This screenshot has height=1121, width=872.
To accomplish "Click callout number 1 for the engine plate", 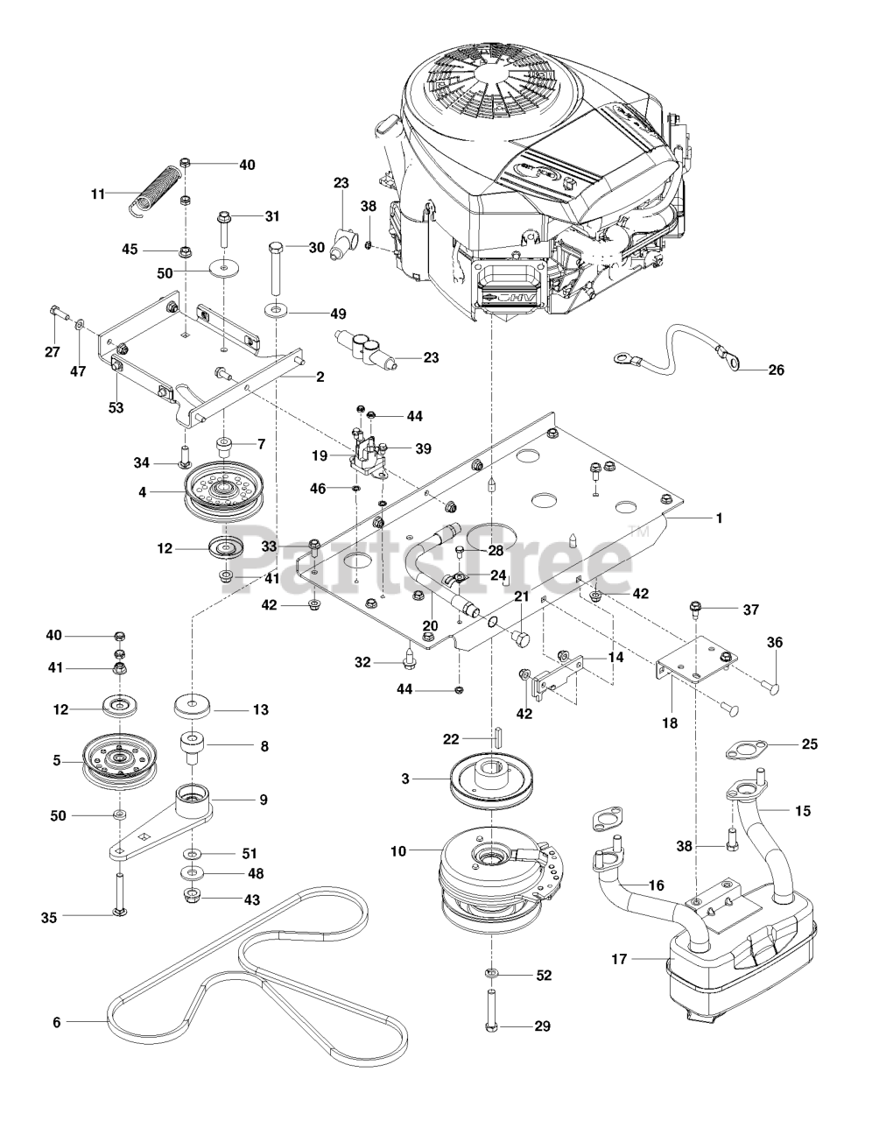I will pos(719,518).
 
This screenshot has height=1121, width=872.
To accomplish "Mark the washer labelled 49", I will pos(276,311).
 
